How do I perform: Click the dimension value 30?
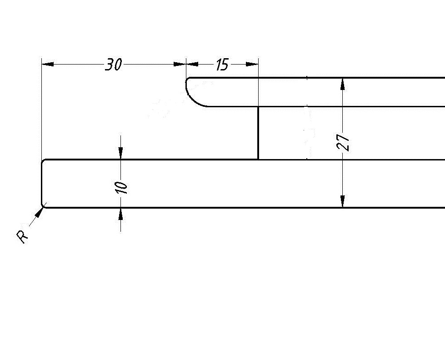coord(114,65)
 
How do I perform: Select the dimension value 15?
coord(222,65)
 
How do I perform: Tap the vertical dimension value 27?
coord(343,142)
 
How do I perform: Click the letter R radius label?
coord(22,237)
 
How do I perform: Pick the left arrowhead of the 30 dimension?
coord(48,64)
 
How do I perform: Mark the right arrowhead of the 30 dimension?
coord(180,64)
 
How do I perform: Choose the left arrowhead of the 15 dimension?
coord(192,64)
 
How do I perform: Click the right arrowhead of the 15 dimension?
coord(252,64)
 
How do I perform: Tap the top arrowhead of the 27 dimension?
coord(343,84)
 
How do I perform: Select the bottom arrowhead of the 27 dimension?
coord(343,201)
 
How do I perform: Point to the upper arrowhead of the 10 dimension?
coord(121,153)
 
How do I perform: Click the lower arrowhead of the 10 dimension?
coord(121,214)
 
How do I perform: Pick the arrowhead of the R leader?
coord(39,212)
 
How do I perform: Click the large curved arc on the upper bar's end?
coord(192,99)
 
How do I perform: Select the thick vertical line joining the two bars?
coord(258,133)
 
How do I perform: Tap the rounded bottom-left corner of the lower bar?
coord(43,206)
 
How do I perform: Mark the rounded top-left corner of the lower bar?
coord(43,161)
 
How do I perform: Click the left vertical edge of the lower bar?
coord(42,183)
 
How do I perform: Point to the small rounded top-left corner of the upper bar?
coord(187,79)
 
